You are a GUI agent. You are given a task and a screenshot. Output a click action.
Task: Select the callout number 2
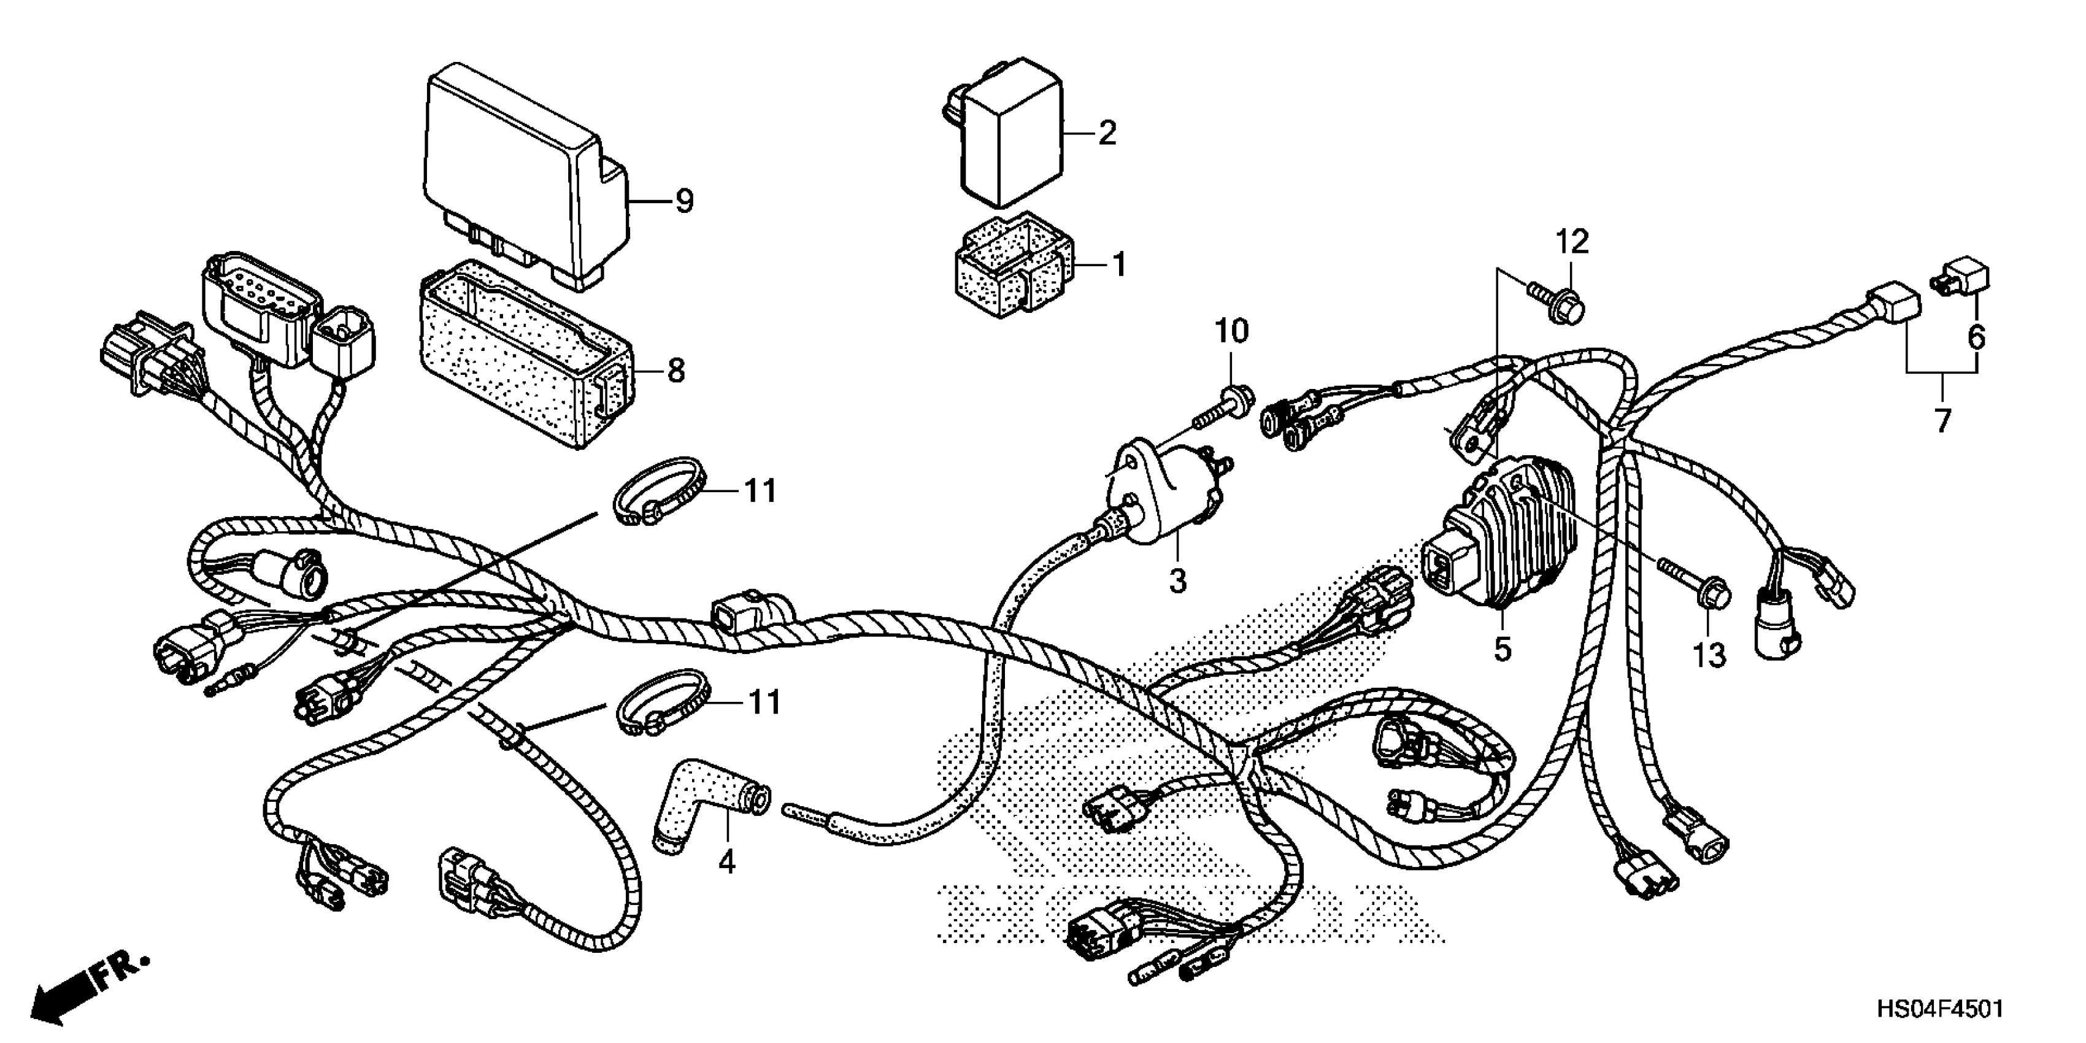(1107, 133)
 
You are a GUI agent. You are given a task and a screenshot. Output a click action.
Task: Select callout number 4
(727, 863)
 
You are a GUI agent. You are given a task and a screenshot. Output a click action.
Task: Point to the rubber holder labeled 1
(1012, 267)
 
